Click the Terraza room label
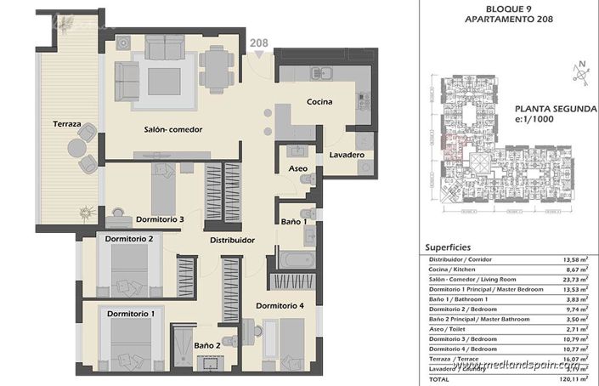click(x=65, y=124)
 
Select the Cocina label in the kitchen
click(x=319, y=102)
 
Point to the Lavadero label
click(x=347, y=156)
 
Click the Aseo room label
click(x=297, y=169)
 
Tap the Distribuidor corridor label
click(x=233, y=241)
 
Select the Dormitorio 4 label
click(x=280, y=305)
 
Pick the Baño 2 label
click(x=207, y=345)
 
